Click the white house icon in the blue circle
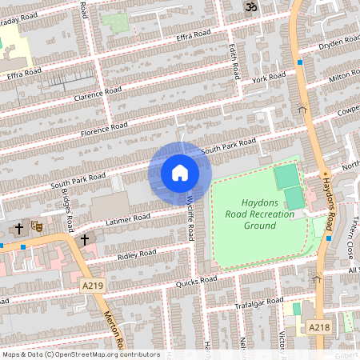[x=180, y=173]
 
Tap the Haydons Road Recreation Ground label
[x=258, y=214]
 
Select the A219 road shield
[x=92, y=285]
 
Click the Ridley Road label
[x=137, y=254]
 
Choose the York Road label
[x=268, y=78]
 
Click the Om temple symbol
[x=248, y=7]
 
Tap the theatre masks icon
[x=35, y=226]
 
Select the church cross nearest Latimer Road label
[x=84, y=238]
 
